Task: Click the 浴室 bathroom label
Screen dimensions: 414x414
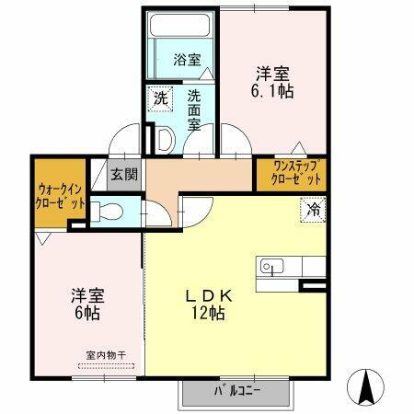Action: [x=187, y=62]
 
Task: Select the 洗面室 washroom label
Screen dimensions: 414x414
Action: [x=195, y=109]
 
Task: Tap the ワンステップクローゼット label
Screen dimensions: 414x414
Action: [x=292, y=175]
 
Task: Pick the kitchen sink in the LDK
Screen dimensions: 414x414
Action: [x=271, y=267]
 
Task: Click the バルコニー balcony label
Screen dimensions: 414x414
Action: [x=237, y=390]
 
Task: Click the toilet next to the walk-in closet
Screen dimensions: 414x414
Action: [x=107, y=211]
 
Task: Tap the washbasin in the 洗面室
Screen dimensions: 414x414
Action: [x=165, y=138]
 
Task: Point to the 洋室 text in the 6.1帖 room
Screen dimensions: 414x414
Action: [x=273, y=73]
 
